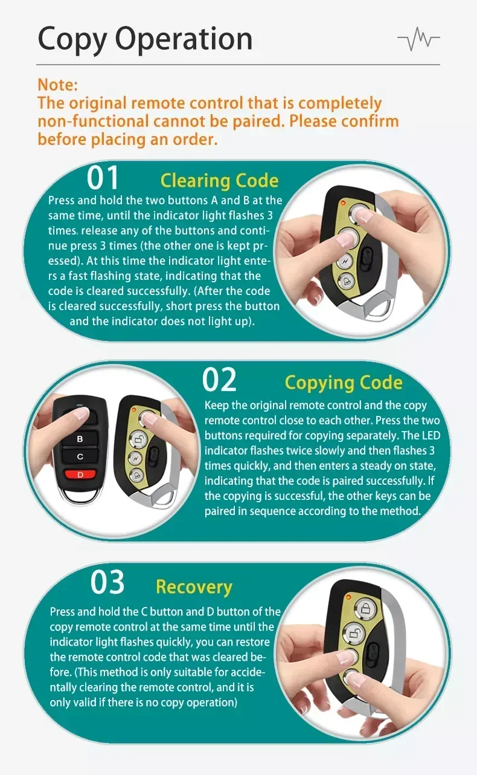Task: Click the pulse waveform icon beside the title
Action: pos(418,39)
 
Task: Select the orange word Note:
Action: pos(58,85)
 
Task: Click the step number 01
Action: pos(102,178)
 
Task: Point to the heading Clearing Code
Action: pos(220,181)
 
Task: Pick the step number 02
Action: pos(219,380)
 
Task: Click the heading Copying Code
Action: pos(344,383)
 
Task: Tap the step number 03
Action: pos(107,582)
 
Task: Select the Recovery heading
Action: pos(194,587)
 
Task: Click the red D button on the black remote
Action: pos(80,475)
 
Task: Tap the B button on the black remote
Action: pos(80,439)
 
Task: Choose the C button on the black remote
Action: pos(80,456)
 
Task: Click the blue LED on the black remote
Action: pos(80,405)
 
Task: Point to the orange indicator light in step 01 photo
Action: pos(343,203)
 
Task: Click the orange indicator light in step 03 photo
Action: pos(348,597)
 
